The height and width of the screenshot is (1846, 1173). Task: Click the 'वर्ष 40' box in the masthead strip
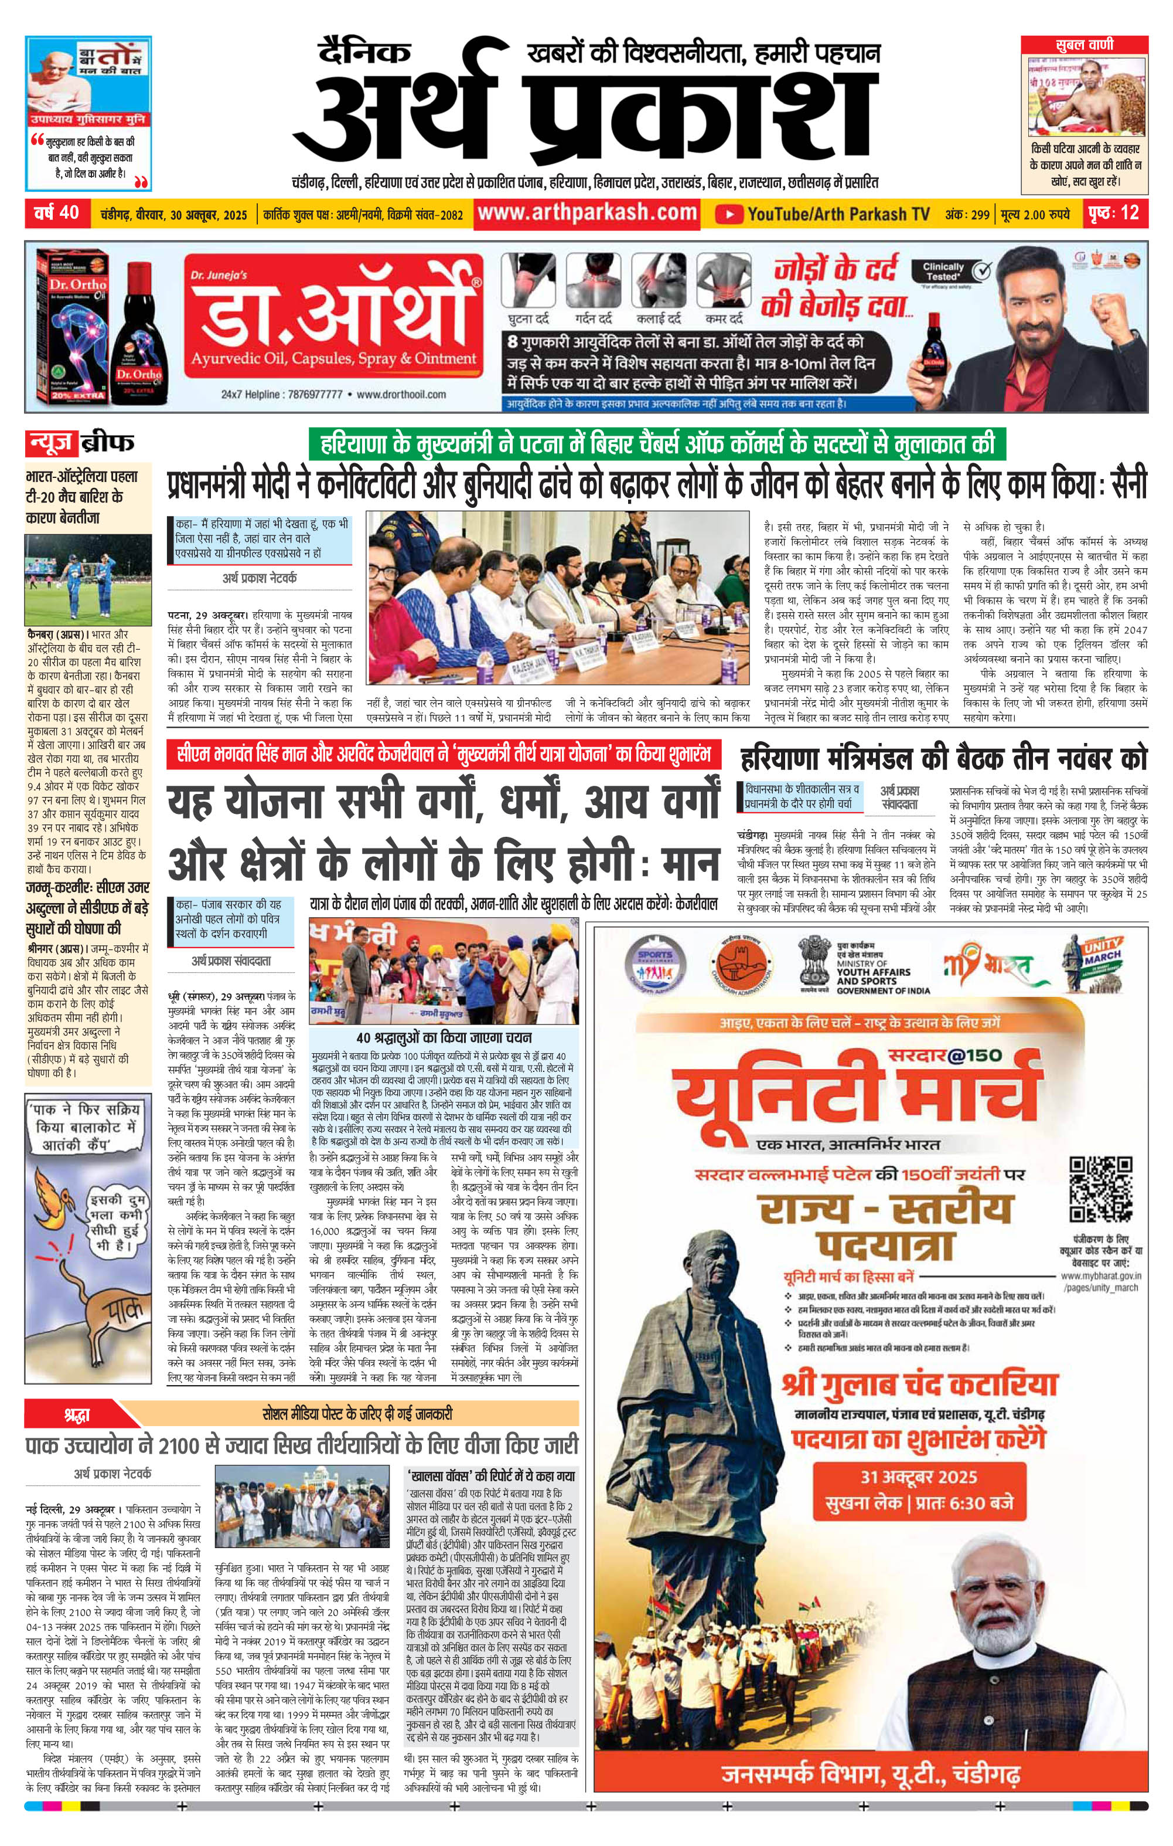(x=56, y=212)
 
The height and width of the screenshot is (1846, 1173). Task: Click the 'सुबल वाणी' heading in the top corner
(x=1084, y=45)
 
